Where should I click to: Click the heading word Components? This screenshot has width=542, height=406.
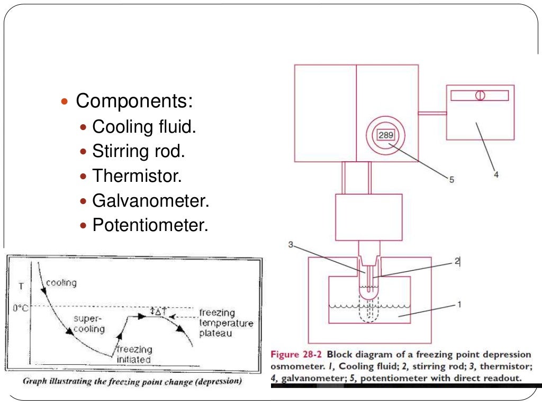click(134, 101)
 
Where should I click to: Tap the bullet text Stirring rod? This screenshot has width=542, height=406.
click(139, 151)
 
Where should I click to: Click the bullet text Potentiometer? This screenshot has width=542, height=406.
click(150, 225)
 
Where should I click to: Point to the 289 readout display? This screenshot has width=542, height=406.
click(386, 135)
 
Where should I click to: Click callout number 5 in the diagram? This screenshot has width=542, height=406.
click(451, 180)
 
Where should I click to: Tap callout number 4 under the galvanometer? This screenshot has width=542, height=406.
click(495, 174)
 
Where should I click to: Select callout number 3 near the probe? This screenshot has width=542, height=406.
click(291, 244)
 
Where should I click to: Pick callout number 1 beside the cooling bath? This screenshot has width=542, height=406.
click(459, 304)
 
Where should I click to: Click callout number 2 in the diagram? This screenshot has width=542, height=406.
click(457, 261)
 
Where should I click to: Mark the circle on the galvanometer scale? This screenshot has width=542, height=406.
click(480, 96)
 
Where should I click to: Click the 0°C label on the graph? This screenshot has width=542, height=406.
click(21, 308)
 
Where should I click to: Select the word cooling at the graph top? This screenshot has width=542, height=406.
click(61, 283)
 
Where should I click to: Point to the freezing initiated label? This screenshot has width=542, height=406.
click(134, 354)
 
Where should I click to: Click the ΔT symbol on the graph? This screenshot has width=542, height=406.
click(158, 311)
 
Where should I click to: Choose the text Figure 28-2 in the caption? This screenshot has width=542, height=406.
click(296, 354)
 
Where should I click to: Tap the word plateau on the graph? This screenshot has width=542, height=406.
click(215, 334)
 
